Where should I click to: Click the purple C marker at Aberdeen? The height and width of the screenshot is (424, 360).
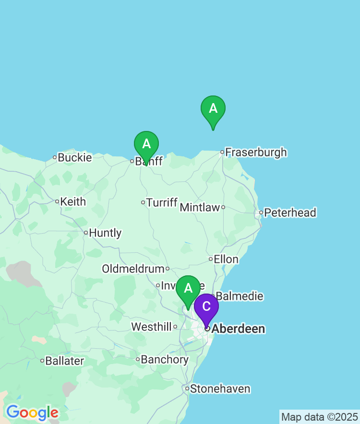(x=206, y=307)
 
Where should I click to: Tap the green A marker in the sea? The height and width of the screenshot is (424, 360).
(x=213, y=109)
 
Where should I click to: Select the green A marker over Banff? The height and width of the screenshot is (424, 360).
(x=146, y=144)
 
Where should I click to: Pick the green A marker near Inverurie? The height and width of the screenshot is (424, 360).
(x=188, y=288)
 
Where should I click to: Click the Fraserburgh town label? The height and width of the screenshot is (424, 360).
(x=256, y=153)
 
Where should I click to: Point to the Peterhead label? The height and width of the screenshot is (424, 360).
(x=290, y=212)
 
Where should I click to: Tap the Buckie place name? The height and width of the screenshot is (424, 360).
(x=74, y=157)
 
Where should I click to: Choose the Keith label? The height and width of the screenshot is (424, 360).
(x=73, y=202)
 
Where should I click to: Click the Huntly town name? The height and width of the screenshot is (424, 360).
(x=105, y=233)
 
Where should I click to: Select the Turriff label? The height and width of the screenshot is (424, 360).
(x=162, y=202)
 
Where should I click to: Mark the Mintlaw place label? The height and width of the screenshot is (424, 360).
(x=200, y=208)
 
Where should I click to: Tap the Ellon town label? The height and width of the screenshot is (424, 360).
(x=226, y=259)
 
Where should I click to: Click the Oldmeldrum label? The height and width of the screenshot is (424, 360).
(x=133, y=269)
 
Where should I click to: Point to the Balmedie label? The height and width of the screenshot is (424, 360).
(x=240, y=296)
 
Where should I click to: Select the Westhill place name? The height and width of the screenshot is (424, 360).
(x=151, y=327)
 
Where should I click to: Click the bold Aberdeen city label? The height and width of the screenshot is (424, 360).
(x=238, y=329)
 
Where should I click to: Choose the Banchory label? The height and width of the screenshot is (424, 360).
(x=165, y=360)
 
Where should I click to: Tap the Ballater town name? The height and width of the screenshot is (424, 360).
(x=64, y=361)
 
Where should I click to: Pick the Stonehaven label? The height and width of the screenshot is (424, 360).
(x=220, y=389)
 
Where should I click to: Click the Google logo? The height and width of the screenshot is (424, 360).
(x=32, y=412)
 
